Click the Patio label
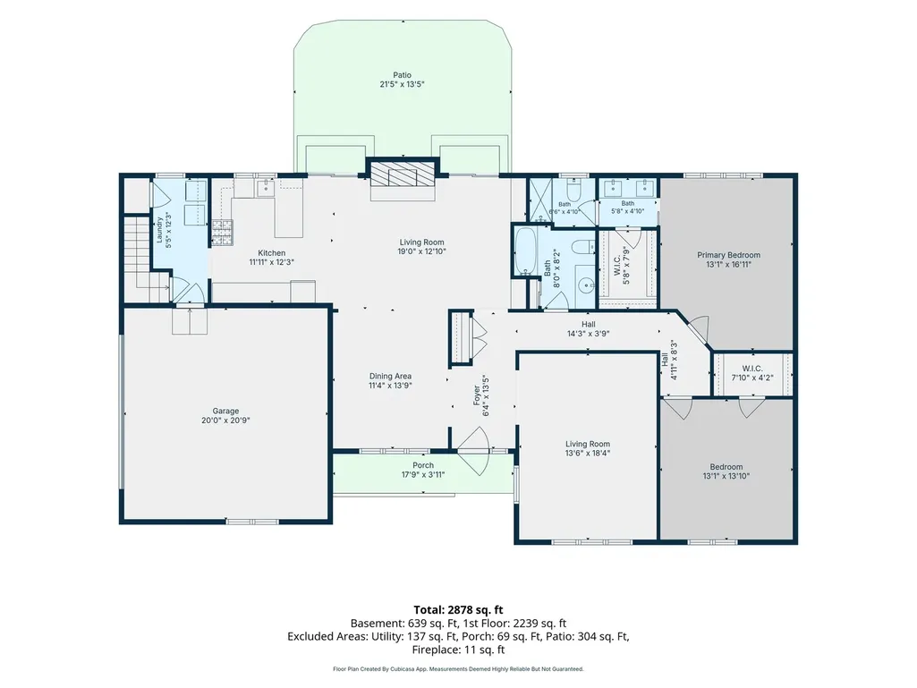click(x=402, y=75)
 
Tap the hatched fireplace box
click(x=402, y=174)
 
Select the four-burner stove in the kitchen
click(x=222, y=232)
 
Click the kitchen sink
click(x=266, y=187)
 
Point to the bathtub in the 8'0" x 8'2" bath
click(x=525, y=251)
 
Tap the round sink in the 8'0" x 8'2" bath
click(x=584, y=285)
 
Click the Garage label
click(x=225, y=411)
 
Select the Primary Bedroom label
click(x=729, y=255)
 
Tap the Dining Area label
click(x=390, y=376)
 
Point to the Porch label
click(x=423, y=465)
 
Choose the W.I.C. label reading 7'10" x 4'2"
click(x=752, y=373)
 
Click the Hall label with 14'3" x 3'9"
click(x=589, y=328)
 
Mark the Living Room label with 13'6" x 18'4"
click(x=588, y=448)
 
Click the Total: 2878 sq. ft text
click(x=458, y=609)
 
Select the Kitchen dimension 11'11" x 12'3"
click(x=271, y=262)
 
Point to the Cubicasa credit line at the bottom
click(x=458, y=668)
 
